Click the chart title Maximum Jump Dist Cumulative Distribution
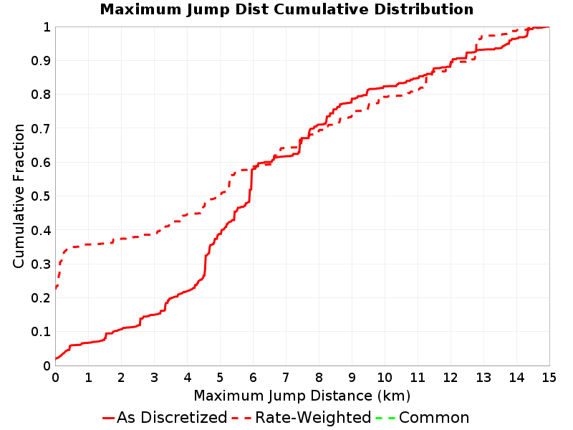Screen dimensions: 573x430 [x=286, y=9]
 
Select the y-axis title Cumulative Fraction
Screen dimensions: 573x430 [x=19, y=196]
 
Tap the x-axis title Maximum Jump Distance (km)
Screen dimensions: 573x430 [x=302, y=396]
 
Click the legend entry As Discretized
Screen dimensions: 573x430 [x=172, y=418]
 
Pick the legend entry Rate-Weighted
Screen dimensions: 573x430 [x=313, y=418]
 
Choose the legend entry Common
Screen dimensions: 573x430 [x=434, y=418]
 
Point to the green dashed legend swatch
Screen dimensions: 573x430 [x=385, y=418]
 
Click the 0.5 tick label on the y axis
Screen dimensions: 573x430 [x=41, y=196]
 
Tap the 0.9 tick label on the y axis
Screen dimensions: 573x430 [x=41, y=61]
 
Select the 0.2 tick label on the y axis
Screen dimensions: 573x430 [x=41, y=298]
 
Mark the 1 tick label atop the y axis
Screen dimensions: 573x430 [x=47, y=27]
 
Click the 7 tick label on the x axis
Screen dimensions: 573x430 [x=286, y=378]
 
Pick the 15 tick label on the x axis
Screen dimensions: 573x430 [x=549, y=378]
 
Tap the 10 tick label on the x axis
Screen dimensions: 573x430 [x=385, y=378]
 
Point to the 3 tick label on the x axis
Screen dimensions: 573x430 [x=154, y=378]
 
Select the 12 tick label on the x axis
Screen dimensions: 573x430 [x=451, y=378]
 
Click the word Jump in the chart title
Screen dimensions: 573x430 [x=208, y=10]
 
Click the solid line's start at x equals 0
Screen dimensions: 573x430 [x=56, y=359]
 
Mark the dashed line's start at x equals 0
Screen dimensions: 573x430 [x=56, y=289]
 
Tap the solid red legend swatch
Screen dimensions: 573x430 [x=109, y=418]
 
